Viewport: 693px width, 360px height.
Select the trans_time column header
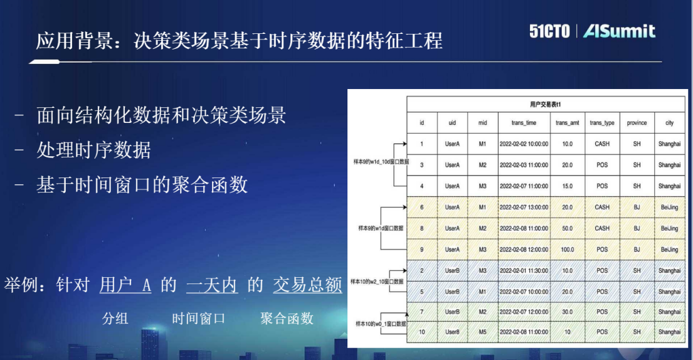524,123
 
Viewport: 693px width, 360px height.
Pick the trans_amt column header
567,123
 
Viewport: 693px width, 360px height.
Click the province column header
637,123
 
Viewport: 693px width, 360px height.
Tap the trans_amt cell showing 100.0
567,250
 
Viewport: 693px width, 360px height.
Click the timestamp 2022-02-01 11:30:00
524,271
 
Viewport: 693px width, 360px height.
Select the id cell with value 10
421,332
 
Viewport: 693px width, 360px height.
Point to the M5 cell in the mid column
482,332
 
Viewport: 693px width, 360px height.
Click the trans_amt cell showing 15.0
567,186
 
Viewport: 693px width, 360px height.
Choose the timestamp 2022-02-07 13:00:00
524,208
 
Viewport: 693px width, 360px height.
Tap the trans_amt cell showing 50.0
567,229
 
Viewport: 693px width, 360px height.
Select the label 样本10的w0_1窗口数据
381,324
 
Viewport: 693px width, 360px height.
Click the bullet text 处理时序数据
93,151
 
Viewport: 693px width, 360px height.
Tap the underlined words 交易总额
307,285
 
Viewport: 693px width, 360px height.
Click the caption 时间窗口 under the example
198,319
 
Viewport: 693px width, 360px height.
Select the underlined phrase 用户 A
125,285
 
